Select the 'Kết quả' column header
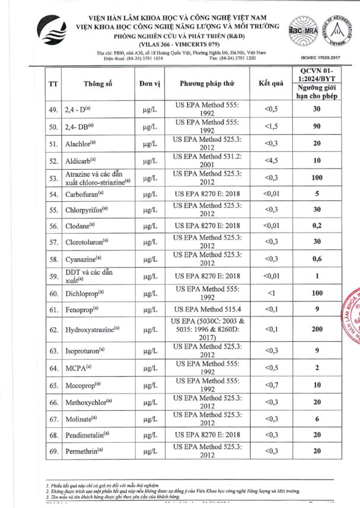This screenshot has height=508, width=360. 271,84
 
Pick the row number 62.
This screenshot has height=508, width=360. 53,329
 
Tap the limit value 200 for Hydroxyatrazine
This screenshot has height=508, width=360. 317,329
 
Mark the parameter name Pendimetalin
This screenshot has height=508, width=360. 87,435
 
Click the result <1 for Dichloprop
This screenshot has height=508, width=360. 271,293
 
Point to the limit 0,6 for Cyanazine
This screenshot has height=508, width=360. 317,259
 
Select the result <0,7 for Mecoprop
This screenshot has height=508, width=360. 271,385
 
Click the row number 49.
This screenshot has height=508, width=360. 53,109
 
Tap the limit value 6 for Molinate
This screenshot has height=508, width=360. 317,418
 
